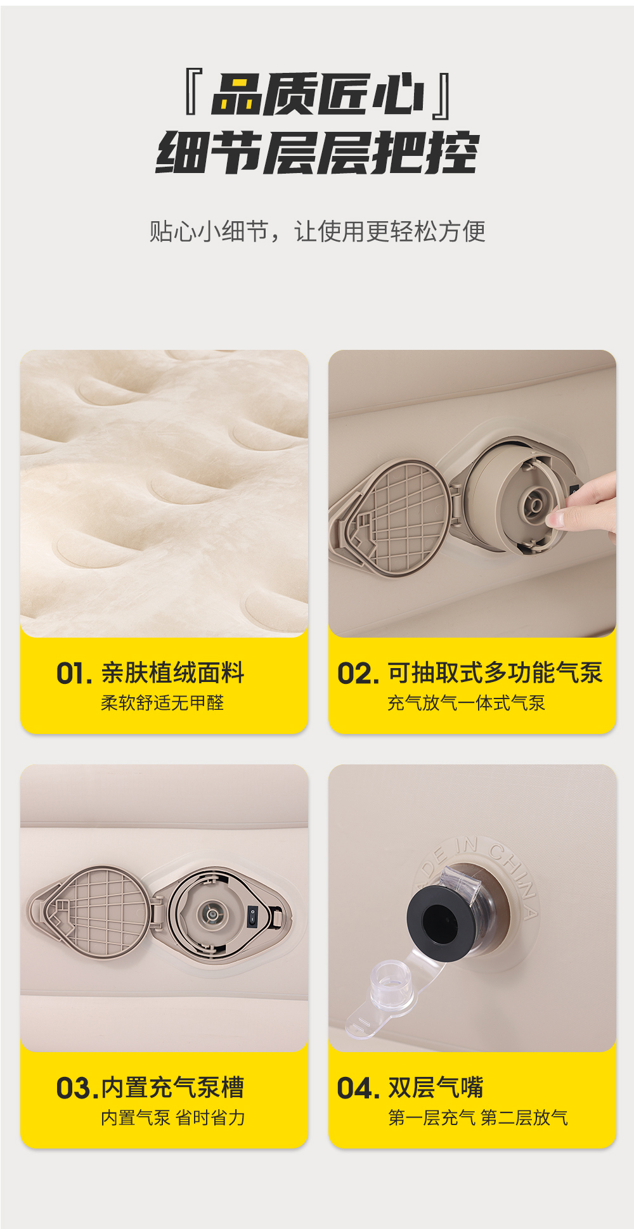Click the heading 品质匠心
point(318,94)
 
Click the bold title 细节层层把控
point(317,153)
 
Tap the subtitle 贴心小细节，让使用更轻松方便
point(317,231)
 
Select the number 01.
point(74,673)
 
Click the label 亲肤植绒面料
point(172,672)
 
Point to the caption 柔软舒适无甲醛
point(162,703)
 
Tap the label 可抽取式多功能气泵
point(495,672)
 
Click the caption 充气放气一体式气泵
point(466,703)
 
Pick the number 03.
point(77,1088)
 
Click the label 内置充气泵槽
point(172,1088)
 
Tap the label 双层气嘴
point(436,1088)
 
